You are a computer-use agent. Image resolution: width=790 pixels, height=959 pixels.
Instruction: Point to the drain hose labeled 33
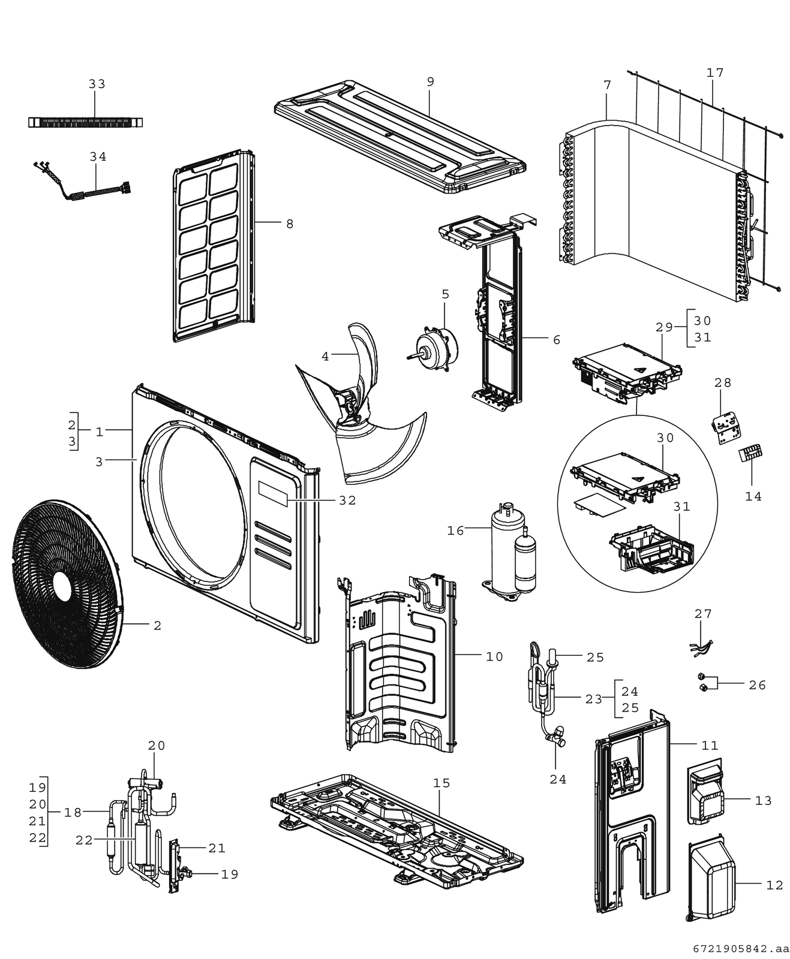tap(86, 122)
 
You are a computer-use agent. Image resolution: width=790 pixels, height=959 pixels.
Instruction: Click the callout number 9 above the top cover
tap(430, 82)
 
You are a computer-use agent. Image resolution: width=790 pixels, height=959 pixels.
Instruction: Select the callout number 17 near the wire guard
tap(715, 73)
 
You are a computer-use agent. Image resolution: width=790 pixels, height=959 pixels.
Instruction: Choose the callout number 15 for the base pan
tap(441, 783)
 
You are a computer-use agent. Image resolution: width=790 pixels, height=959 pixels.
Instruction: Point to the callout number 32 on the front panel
tap(347, 500)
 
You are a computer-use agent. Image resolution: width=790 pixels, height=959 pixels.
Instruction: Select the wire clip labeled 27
tap(701, 646)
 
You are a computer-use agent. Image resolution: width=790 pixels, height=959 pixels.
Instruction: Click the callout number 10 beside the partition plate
tap(494, 657)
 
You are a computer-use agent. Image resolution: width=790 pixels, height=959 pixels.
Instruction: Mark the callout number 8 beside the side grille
tap(290, 224)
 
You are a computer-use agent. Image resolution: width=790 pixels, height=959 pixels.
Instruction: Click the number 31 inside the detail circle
tap(681, 506)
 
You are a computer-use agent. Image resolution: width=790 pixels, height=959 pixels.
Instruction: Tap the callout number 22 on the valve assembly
tap(84, 840)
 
